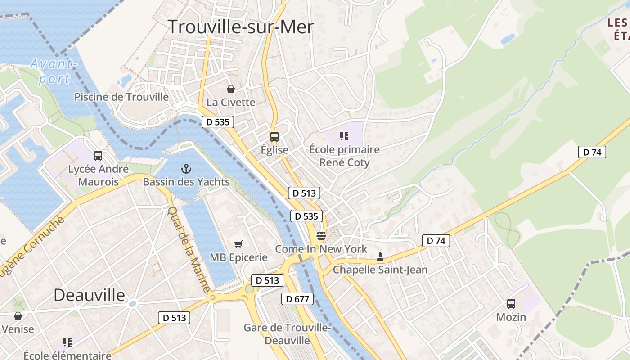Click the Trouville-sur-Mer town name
click(x=241, y=27)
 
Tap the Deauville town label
click(x=90, y=295)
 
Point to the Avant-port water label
click(x=53, y=72)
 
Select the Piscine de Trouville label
click(x=121, y=97)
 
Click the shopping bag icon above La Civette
click(x=231, y=89)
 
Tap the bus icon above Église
click(x=274, y=136)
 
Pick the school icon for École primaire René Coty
click(x=344, y=136)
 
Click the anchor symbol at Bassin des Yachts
click(x=186, y=169)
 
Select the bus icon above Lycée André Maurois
click(x=98, y=156)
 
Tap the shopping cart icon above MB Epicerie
click(x=238, y=244)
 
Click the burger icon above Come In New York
click(x=321, y=235)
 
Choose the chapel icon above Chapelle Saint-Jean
click(x=380, y=257)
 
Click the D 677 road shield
click(x=297, y=299)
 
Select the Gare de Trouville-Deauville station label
click(x=287, y=334)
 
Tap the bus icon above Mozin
click(x=511, y=304)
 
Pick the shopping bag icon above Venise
click(x=18, y=316)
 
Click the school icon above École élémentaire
click(x=67, y=342)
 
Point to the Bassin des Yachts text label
click(x=186, y=182)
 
